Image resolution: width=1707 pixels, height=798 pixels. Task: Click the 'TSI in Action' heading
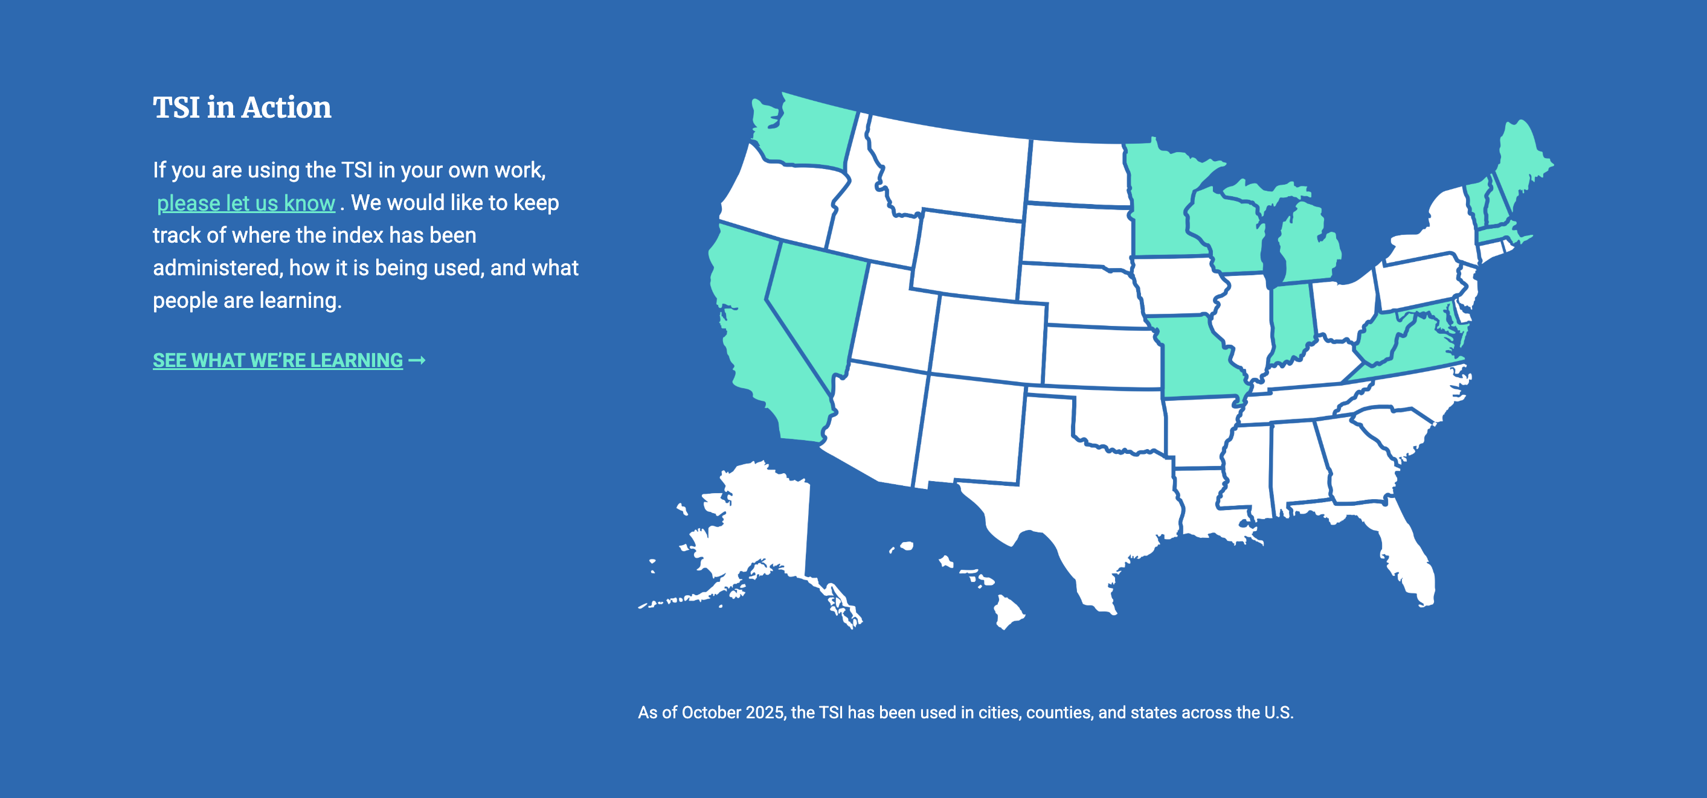[x=242, y=107]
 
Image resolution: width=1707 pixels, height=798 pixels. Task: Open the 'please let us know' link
[x=246, y=203]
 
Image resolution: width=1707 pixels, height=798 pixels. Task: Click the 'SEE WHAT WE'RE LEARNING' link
[x=278, y=360]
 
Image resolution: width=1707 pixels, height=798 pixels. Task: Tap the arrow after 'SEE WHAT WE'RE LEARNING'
[x=417, y=360]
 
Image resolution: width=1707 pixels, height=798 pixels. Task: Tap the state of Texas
[x=1087, y=497]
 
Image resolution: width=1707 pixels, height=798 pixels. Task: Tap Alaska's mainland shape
[x=762, y=523]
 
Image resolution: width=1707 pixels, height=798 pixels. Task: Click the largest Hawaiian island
[x=1008, y=611]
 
